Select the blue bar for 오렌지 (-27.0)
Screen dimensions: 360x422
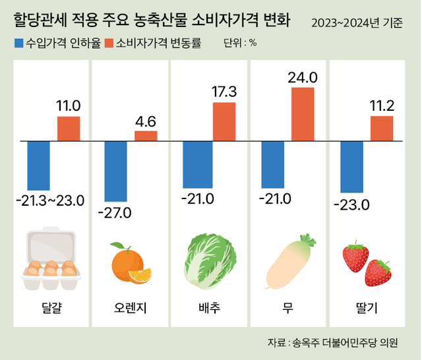(116, 171)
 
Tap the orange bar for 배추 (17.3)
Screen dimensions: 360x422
(224, 121)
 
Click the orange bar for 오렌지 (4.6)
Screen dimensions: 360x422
(146, 136)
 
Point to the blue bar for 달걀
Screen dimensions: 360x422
(38, 165)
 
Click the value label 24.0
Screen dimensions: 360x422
(303, 78)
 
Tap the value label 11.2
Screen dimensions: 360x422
(382, 105)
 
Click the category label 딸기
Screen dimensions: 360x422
(367, 308)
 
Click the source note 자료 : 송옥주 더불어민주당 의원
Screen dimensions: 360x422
(332, 342)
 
